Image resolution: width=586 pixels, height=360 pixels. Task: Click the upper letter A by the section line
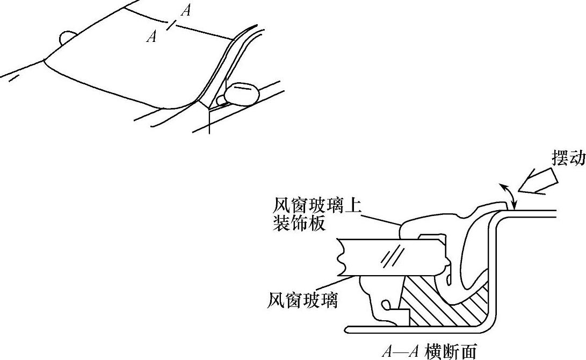tap(185, 10)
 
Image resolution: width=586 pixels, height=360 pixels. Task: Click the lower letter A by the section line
tap(153, 37)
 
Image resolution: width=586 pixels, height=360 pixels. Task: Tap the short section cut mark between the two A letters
tap(170, 25)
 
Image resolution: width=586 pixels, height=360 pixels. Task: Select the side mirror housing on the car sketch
tap(242, 93)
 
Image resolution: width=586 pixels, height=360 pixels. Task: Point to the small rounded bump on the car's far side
tap(67, 38)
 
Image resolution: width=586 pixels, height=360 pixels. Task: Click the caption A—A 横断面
tap(428, 351)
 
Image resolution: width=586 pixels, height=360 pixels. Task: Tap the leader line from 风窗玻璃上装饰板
tap(381, 217)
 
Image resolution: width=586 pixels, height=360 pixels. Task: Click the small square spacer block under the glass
tap(400, 316)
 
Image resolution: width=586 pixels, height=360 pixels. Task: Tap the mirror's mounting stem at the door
tap(220, 99)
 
